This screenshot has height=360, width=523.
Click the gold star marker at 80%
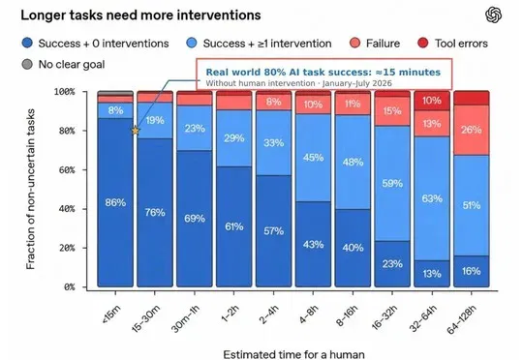point(135,131)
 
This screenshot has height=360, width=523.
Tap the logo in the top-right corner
point(493,15)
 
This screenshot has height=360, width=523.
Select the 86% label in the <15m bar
point(115,202)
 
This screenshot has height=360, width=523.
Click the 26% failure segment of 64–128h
point(472,130)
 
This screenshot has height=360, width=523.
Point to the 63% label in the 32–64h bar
point(432,198)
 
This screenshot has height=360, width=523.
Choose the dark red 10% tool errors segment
point(432,102)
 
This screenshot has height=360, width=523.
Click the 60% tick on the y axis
point(84,169)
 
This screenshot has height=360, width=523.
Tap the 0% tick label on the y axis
point(69,287)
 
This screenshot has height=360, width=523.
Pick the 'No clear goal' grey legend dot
point(27,64)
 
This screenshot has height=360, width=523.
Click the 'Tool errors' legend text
point(461,44)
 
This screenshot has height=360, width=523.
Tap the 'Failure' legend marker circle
point(354,43)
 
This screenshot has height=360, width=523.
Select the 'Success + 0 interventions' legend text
point(104,44)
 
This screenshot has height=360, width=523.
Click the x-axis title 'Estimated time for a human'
point(293,354)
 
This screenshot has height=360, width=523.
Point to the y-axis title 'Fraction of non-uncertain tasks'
point(30,189)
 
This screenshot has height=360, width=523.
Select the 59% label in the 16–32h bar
point(392,183)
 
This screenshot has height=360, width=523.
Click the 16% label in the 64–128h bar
point(472,271)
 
